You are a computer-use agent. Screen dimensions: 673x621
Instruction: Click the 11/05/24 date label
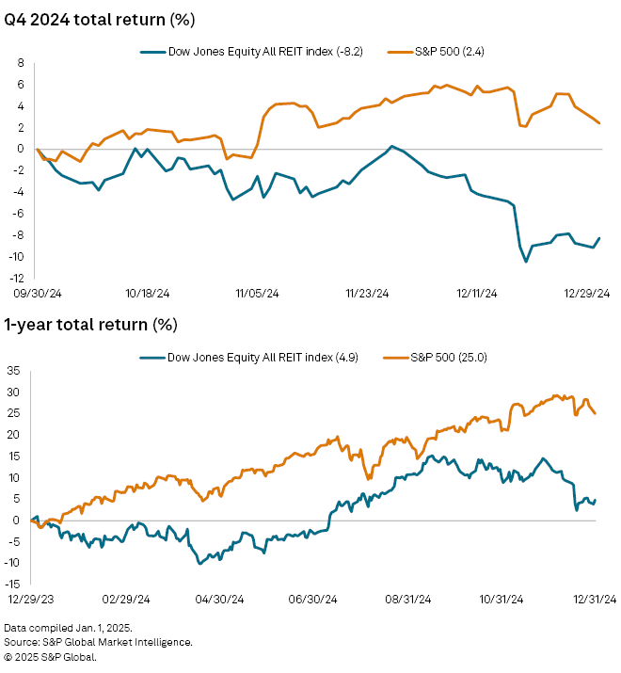(x=256, y=293)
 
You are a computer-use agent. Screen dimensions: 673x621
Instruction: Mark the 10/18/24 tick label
(x=145, y=293)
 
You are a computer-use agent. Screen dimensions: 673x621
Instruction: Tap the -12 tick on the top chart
(x=17, y=279)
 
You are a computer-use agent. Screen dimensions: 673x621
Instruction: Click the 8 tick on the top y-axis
(x=20, y=62)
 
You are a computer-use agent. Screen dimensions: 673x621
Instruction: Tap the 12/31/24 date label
(x=594, y=599)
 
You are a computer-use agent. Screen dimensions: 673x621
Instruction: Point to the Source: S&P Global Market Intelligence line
(x=99, y=642)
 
